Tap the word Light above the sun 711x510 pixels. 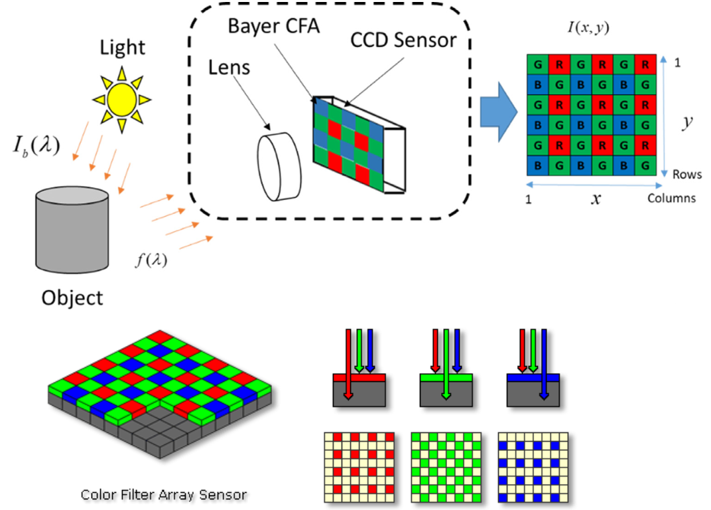coord(123,48)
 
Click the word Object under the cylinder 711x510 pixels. coord(72,297)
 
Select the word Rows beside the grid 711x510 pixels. coord(687,175)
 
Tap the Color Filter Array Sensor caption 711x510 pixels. coord(164,494)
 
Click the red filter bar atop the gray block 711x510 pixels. coord(359,377)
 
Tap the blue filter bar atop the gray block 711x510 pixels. coord(533,377)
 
